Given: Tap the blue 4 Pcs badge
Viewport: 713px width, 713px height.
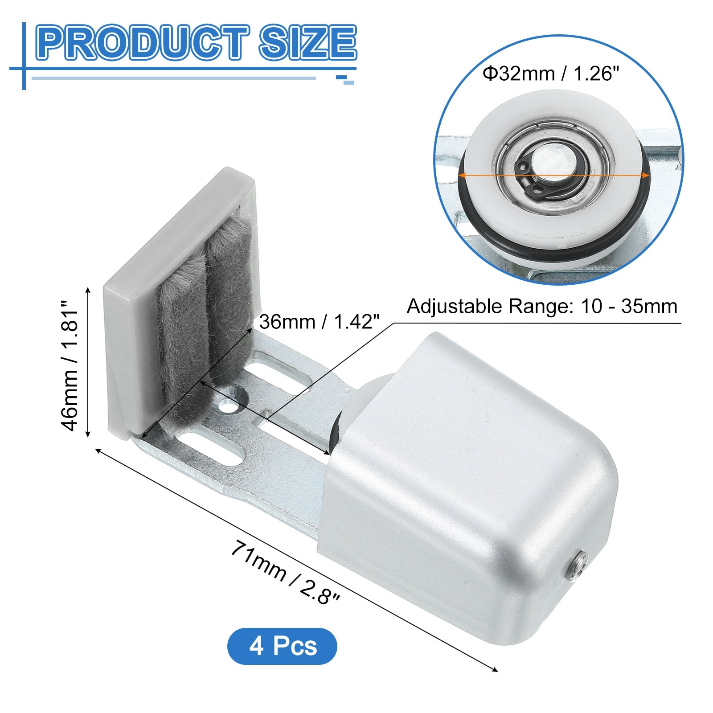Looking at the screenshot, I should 282,646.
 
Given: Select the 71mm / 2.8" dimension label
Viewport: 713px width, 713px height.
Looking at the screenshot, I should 285,573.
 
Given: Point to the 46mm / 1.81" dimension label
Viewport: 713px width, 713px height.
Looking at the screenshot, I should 70,364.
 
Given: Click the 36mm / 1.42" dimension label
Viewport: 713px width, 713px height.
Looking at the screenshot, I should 319,321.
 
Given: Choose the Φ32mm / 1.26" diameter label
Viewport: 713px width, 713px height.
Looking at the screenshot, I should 551,74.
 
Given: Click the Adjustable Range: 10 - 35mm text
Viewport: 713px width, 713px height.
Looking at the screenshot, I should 542,307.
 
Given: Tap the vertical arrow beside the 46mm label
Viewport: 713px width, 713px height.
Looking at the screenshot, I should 88,362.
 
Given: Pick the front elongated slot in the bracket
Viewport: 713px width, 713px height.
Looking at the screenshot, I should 214,450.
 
